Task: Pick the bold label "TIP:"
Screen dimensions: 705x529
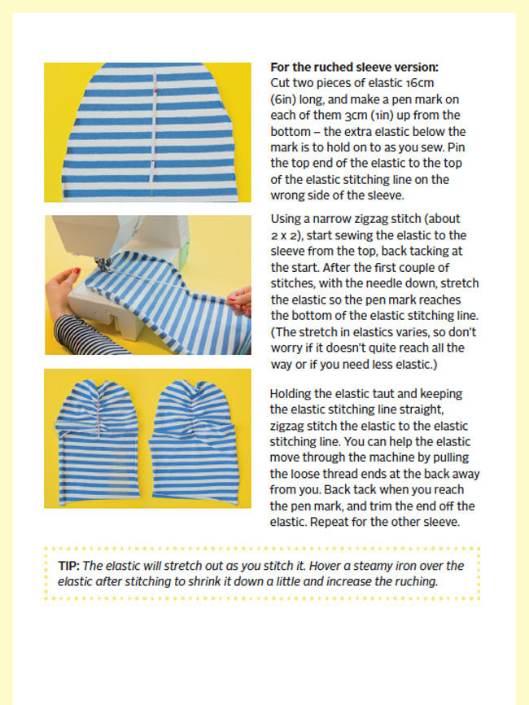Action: coord(68,566)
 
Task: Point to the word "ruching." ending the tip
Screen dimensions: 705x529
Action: coord(414,582)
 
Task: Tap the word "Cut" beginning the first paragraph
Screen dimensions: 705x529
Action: coord(280,83)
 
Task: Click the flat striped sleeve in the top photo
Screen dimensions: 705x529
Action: coord(150,132)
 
